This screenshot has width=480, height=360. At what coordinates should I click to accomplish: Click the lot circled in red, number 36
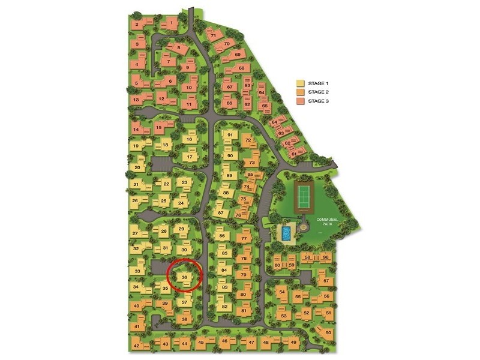(185, 277)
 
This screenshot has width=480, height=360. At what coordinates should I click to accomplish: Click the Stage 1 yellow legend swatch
(301, 83)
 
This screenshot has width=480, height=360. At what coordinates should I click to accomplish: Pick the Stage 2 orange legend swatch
(301, 92)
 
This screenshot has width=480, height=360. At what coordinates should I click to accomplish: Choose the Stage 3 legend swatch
(301, 101)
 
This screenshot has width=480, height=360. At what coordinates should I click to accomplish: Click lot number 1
(173, 24)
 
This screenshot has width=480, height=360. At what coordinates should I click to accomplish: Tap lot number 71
(213, 36)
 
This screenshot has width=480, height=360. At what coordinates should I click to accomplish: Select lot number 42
(136, 346)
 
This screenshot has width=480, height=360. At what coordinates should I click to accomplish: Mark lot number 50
(328, 332)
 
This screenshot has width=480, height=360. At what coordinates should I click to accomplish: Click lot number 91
(229, 135)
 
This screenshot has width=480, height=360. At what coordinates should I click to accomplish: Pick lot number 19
(136, 146)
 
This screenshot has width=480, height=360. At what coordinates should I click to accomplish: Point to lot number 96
(326, 257)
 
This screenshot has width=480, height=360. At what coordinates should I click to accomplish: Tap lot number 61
(294, 154)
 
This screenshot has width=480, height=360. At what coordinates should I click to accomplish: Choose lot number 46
(224, 341)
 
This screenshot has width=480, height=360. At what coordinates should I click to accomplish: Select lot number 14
(136, 130)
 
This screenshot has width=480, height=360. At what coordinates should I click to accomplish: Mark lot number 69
(238, 55)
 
